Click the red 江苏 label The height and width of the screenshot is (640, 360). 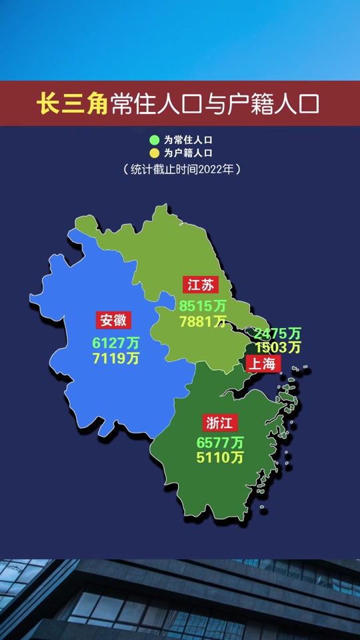(x=201, y=285)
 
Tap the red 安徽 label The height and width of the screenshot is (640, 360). (x=113, y=320)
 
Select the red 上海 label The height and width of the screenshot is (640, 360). (x=264, y=363)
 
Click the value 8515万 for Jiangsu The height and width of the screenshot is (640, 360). (x=203, y=306)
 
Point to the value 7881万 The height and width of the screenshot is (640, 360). (x=203, y=322)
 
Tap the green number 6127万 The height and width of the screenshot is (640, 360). (x=116, y=343)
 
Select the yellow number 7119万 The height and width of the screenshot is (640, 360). (x=116, y=359)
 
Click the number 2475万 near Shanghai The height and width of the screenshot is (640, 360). (x=278, y=333)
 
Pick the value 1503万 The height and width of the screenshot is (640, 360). (x=278, y=347)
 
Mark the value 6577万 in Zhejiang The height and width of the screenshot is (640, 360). (x=220, y=443)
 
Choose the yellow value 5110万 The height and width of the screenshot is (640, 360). (x=220, y=458)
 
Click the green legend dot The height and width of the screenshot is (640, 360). (x=154, y=141)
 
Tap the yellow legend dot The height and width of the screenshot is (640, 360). (x=154, y=153)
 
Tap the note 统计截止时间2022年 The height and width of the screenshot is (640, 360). (x=181, y=169)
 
